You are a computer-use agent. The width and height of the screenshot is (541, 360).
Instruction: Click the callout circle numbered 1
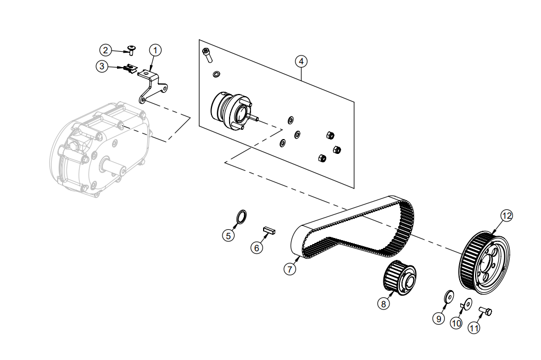click(155, 50)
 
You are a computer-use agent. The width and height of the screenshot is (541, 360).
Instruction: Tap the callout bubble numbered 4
click(300, 61)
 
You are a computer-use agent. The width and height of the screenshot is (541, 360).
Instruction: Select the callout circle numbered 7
click(290, 269)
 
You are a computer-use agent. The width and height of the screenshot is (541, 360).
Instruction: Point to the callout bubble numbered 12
click(506, 215)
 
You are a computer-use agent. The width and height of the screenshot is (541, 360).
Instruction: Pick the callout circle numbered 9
click(439, 318)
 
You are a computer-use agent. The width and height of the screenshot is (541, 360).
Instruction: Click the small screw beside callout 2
click(131, 51)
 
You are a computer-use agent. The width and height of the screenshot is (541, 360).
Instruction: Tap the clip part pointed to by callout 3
click(130, 69)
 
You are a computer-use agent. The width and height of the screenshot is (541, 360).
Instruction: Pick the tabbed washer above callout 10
click(467, 303)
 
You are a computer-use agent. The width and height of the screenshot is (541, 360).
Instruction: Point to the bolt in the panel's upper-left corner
click(207, 54)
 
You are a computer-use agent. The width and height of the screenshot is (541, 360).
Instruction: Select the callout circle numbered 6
click(256, 248)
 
